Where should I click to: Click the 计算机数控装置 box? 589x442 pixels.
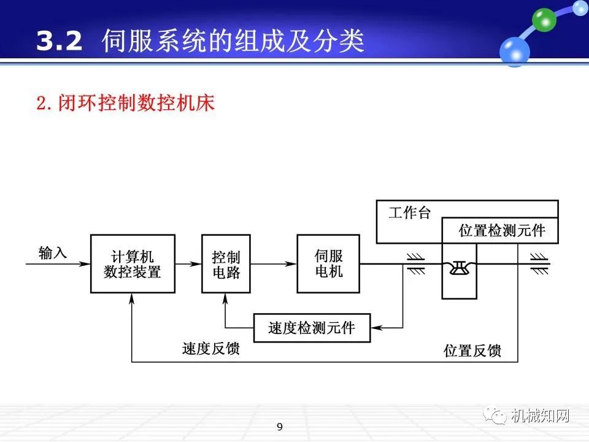132,264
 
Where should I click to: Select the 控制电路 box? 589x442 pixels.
226,264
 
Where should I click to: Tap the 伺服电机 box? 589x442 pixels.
328,264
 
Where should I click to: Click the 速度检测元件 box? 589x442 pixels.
312,328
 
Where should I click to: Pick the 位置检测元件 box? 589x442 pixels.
501,231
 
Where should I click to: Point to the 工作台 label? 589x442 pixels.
409,214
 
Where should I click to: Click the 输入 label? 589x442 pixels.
52,252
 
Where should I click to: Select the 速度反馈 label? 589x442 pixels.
210,349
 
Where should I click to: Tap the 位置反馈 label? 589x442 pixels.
472,351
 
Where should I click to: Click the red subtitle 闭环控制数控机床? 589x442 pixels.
125,103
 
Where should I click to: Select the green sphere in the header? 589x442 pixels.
544,21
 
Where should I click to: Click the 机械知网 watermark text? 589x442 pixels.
540,416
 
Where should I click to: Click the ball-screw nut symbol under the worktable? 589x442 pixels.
459,265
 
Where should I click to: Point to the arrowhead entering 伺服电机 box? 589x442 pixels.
293,264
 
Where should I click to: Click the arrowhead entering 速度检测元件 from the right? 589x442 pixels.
376,328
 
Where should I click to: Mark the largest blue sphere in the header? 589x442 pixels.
514,52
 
